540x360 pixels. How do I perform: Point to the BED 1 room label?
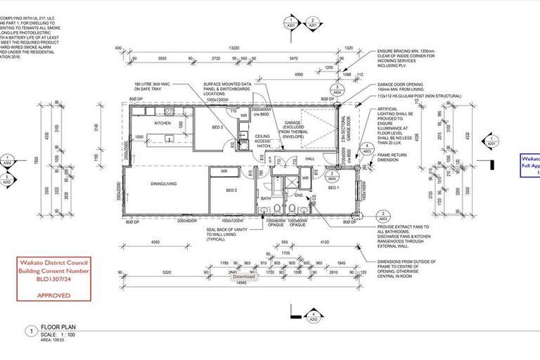(333, 188)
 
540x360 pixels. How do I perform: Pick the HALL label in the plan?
(310, 160)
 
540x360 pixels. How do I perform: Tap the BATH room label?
(266, 199)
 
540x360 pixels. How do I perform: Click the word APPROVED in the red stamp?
(53, 295)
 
